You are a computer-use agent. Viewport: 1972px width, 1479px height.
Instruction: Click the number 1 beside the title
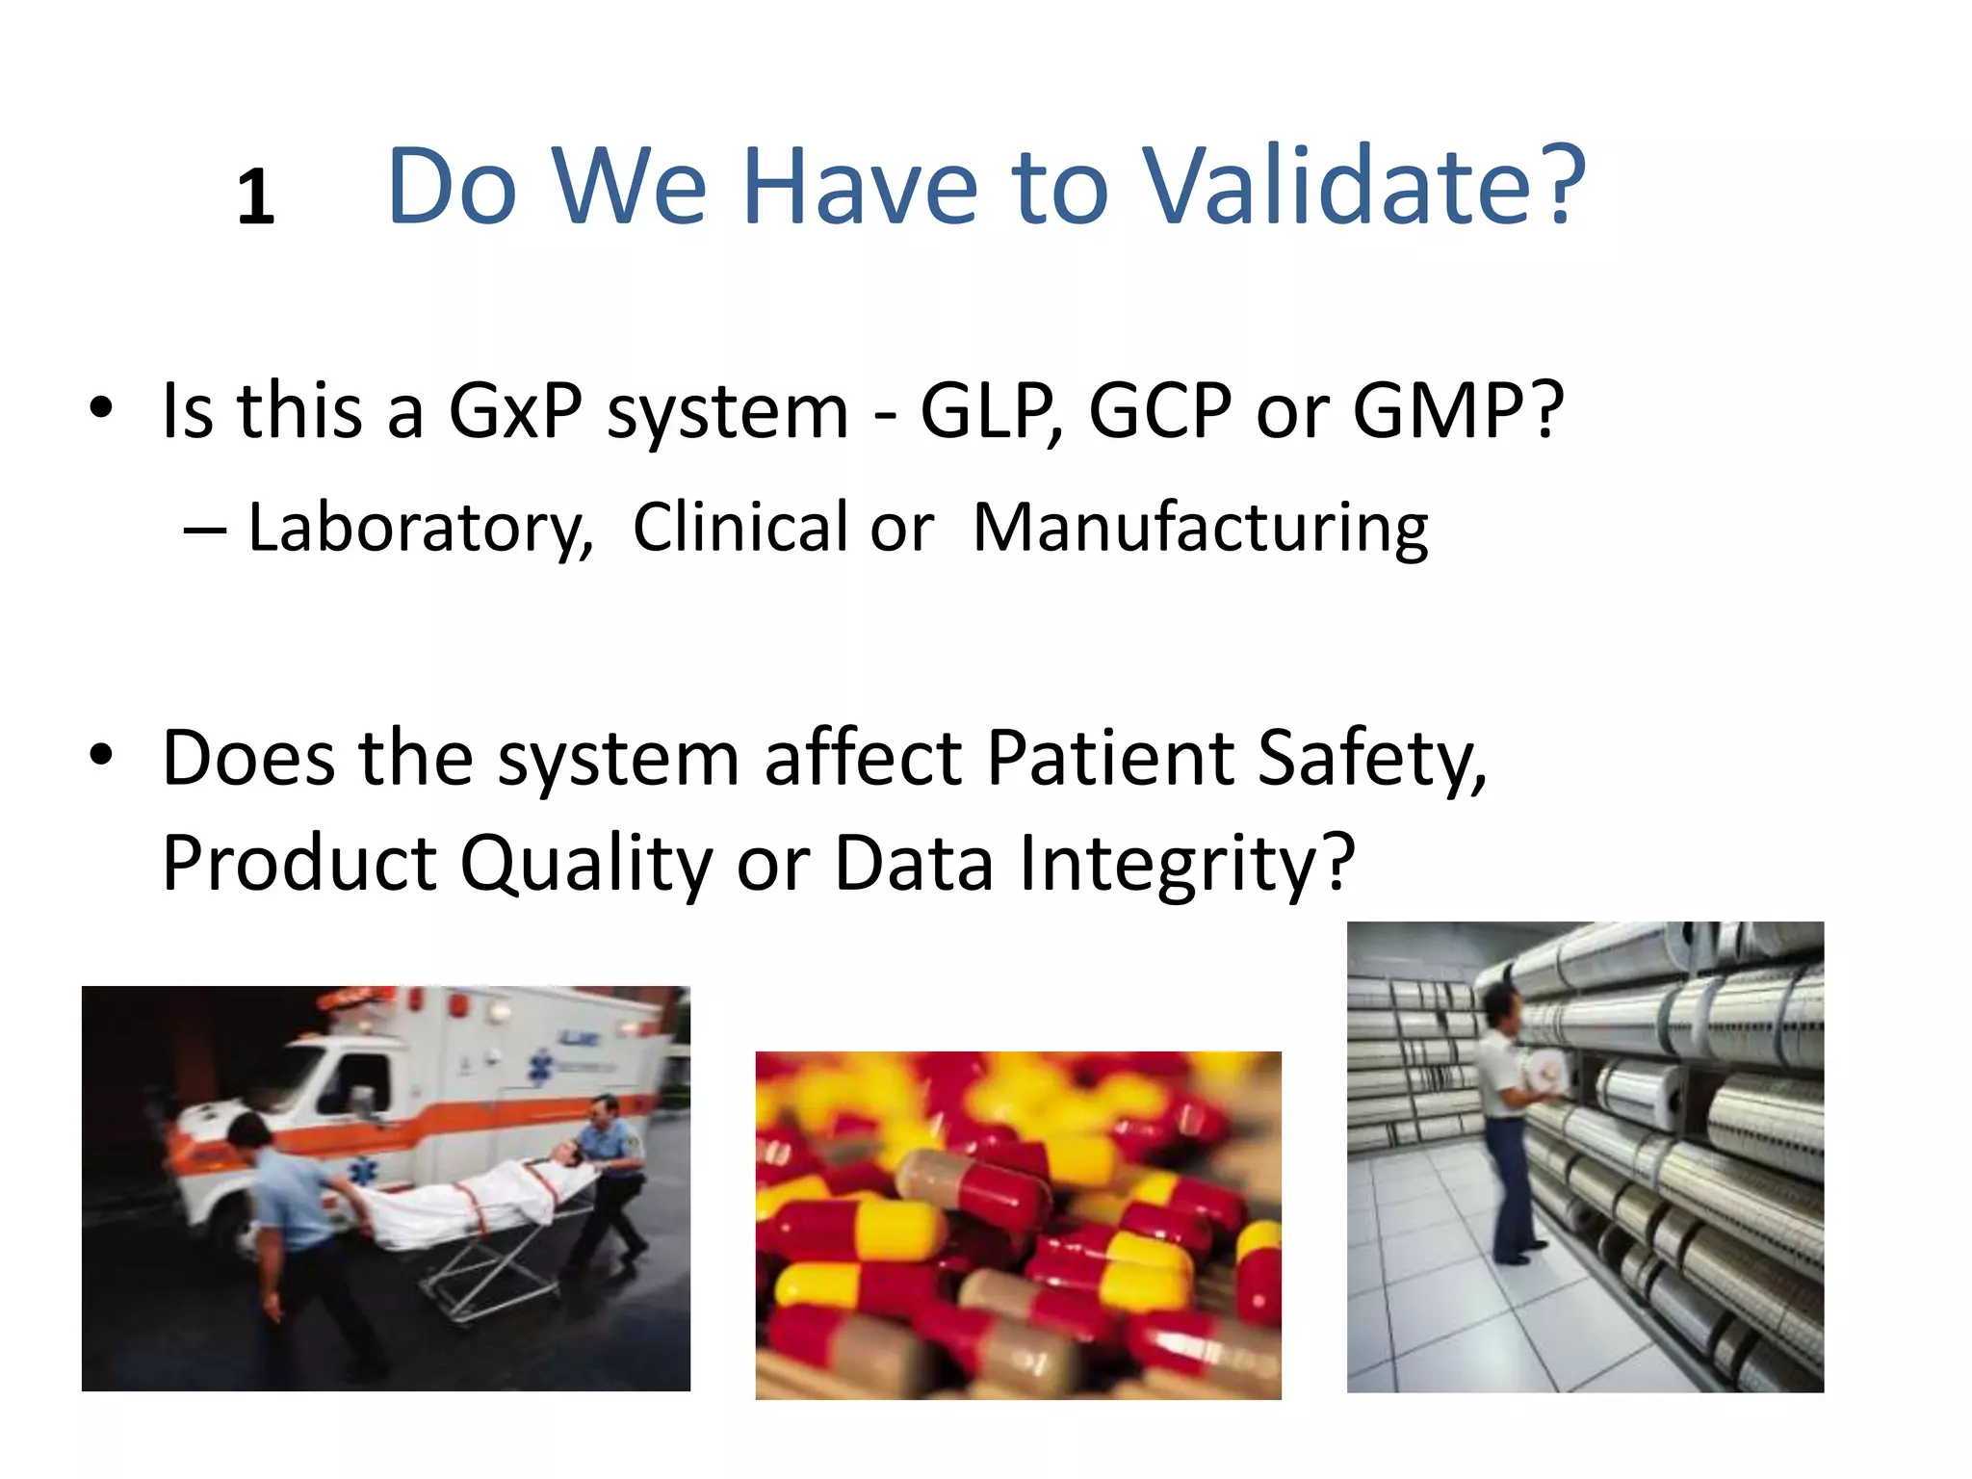point(255,198)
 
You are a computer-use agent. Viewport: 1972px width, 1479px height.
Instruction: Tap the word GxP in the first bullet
point(515,411)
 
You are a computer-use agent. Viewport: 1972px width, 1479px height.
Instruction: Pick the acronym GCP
point(1159,411)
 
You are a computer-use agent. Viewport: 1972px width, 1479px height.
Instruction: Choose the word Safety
point(1371,758)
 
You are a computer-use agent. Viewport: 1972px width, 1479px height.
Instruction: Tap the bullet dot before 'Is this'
point(101,408)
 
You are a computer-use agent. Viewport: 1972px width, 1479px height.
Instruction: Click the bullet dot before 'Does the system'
point(101,755)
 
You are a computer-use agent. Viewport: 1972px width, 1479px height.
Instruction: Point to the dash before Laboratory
point(204,530)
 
